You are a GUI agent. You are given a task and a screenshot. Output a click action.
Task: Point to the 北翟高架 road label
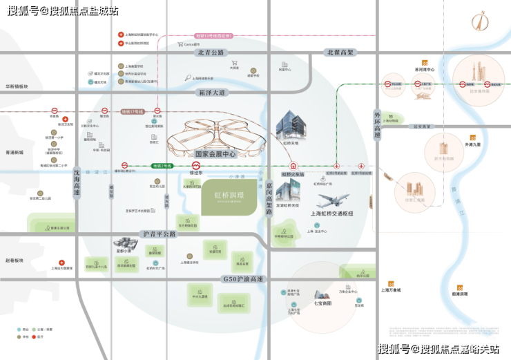point(340,52)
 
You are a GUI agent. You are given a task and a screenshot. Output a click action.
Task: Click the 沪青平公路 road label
point(159,234)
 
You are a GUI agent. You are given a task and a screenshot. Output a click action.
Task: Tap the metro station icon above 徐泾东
point(196,166)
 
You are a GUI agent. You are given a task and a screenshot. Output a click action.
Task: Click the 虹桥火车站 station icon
point(293,166)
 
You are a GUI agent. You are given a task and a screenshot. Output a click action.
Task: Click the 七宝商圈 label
point(323,303)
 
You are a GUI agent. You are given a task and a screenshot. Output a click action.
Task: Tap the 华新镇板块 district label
point(17,86)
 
